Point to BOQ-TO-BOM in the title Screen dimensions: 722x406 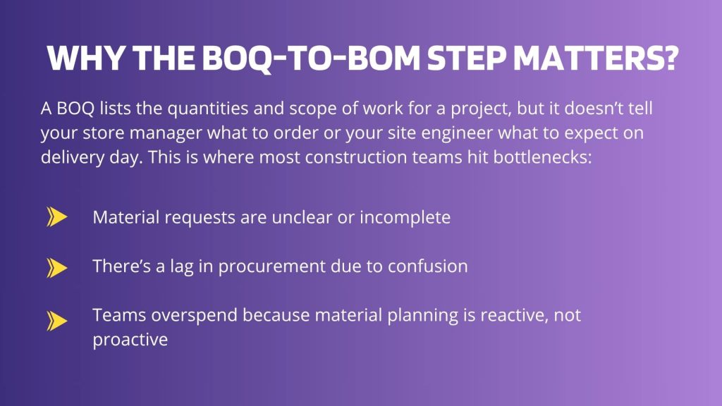tap(311, 59)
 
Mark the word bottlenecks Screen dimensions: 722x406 tap(542, 157)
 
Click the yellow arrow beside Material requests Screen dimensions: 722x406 tap(56, 217)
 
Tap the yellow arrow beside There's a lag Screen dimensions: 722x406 tap(56, 267)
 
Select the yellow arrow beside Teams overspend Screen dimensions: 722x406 tap(56, 321)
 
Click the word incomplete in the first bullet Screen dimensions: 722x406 tap(405, 218)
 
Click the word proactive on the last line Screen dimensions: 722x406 tap(130, 340)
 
